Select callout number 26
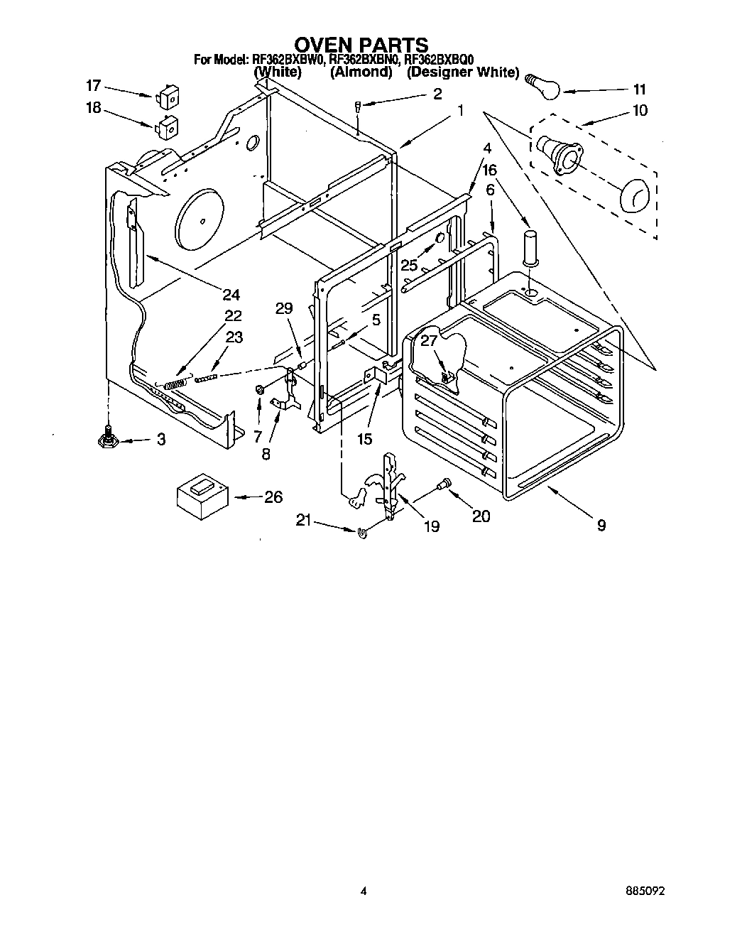coord(273,497)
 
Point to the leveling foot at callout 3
coord(109,439)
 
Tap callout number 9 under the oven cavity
coord(601,526)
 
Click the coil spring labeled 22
coord(175,384)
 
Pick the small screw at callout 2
coord(359,107)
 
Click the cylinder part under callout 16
coord(530,247)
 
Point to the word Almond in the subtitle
coord(361,72)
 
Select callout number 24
coord(231,295)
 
